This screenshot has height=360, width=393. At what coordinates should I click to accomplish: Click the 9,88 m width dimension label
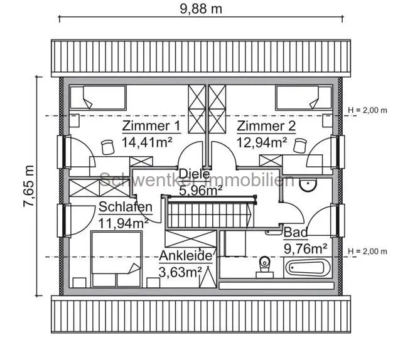pos(201,9)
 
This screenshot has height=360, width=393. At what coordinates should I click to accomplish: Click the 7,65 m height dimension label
pos(29,186)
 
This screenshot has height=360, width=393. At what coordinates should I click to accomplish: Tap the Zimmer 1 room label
pos(151,126)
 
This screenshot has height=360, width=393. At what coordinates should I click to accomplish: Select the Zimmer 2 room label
pos(266,126)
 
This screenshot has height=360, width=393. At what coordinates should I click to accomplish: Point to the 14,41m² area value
pos(147,142)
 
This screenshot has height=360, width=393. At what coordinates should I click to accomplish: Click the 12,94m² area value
pos(262,142)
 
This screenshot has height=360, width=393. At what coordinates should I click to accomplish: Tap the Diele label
pos(195,174)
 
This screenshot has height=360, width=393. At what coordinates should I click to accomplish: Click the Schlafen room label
pos(126,208)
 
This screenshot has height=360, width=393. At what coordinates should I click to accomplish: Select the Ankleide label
pos(186,256)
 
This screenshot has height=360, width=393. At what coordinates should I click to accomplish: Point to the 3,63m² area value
pos(180,272)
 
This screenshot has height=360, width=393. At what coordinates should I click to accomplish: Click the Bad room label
pos(296,232)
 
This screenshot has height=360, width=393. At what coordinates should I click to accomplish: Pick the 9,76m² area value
pos(305,248)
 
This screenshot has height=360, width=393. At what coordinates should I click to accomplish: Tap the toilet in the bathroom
pos(264,267)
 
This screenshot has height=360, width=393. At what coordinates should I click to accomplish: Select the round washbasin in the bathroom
pos(308,185)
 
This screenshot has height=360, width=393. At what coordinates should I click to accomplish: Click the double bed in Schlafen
pos(117,259)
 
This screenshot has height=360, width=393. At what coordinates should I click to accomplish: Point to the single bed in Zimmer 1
pos(97,98)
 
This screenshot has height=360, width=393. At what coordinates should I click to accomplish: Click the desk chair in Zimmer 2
pos(300,146)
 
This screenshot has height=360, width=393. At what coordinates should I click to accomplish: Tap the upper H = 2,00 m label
pos(368,110)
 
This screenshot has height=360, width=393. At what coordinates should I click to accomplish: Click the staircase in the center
pos(210,212)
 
